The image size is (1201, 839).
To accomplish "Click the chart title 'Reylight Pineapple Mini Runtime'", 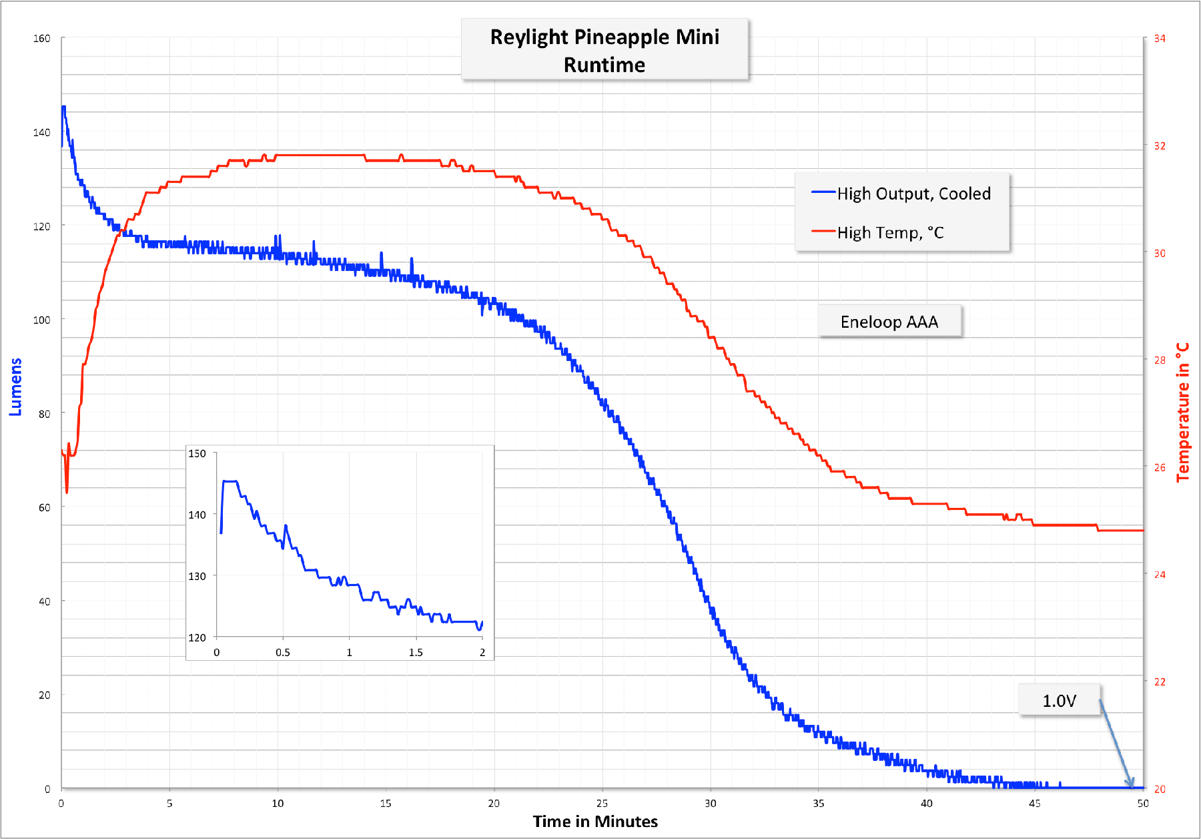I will coord(605,50).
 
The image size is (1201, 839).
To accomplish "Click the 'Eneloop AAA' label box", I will coord(889,322).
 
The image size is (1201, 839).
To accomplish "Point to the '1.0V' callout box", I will coord(1059,700).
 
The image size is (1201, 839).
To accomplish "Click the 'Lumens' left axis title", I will coord(15,387).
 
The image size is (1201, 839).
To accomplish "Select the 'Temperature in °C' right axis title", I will coord(1183,412).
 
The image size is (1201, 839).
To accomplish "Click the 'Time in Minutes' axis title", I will coord(595,821).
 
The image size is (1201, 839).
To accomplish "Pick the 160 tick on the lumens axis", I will coord(42,39).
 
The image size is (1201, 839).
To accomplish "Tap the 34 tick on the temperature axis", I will coord(1160,39).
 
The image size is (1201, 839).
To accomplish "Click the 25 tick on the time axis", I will coord(602,803).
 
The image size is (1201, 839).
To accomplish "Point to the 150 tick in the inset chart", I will coord(197,454).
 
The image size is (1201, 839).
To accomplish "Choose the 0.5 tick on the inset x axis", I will coord(283,652).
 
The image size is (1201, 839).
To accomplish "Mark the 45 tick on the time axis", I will coord(1034,803).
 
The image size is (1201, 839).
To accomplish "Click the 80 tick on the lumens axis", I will coord(44,414).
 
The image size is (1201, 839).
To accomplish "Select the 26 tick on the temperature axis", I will coord(1160,467).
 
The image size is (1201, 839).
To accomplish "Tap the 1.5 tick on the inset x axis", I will coord(416,652).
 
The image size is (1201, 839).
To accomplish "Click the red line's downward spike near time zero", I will coord(67,491).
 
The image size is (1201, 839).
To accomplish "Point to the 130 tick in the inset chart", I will coord(197,576).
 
